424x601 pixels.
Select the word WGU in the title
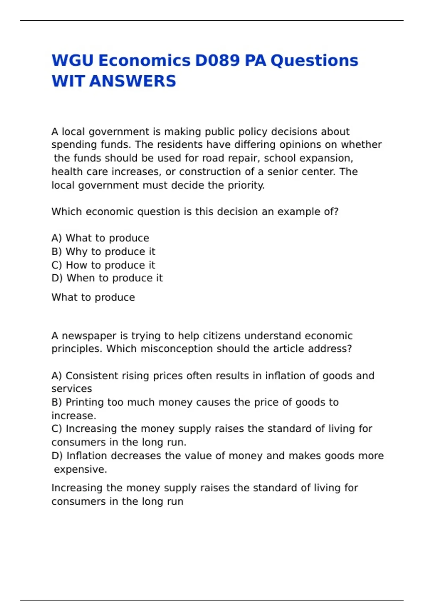[x=72, y=60]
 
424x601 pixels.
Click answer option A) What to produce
[x=100, y=238]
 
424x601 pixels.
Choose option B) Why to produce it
[x=103, y=251]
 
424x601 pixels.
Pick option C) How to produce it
[x=103, y=265]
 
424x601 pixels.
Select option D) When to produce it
[x=107, y=278]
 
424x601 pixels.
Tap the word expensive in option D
[x=80, y=469]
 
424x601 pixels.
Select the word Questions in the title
[x=314, y=60]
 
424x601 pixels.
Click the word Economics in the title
[x=144, y=60]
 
